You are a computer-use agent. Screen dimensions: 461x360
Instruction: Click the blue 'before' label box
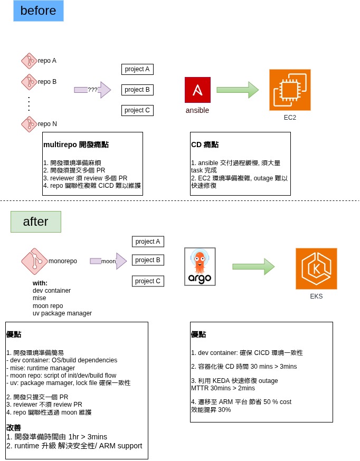click(38, 11)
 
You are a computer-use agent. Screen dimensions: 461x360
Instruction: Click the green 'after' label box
click(36, 222)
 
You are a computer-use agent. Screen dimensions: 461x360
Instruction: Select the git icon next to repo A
click(29, 61)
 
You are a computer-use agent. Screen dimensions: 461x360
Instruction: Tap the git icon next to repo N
click(29, 124)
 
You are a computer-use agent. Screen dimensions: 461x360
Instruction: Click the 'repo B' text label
click(47, 82)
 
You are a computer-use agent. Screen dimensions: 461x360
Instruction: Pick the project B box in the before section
click(137, 90)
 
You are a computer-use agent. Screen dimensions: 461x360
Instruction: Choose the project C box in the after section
click(148, 281)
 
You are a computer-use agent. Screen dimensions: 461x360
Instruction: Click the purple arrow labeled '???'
click(92, 90)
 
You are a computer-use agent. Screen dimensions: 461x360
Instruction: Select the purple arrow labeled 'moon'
click(108, 261)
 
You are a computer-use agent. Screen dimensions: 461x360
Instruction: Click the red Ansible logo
click(197, 90)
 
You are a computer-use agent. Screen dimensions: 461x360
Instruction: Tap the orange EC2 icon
click(290, 90)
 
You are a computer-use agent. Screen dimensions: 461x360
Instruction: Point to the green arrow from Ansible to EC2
click(238, 90)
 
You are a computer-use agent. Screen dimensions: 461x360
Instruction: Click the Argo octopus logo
click(200, 266)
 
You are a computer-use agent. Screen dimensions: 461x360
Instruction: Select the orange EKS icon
click(316, 268)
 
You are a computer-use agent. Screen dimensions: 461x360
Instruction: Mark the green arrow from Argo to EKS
click(253, 266)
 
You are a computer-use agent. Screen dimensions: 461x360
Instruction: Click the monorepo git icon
click(34, 261)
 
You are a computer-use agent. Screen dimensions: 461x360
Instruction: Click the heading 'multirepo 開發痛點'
click(76, 145)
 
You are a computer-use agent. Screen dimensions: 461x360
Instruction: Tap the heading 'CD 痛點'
click(205, 145)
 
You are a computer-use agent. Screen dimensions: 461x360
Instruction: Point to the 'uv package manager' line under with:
click(62, 313)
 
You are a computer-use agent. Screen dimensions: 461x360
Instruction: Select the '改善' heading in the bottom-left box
click(14, 428)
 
